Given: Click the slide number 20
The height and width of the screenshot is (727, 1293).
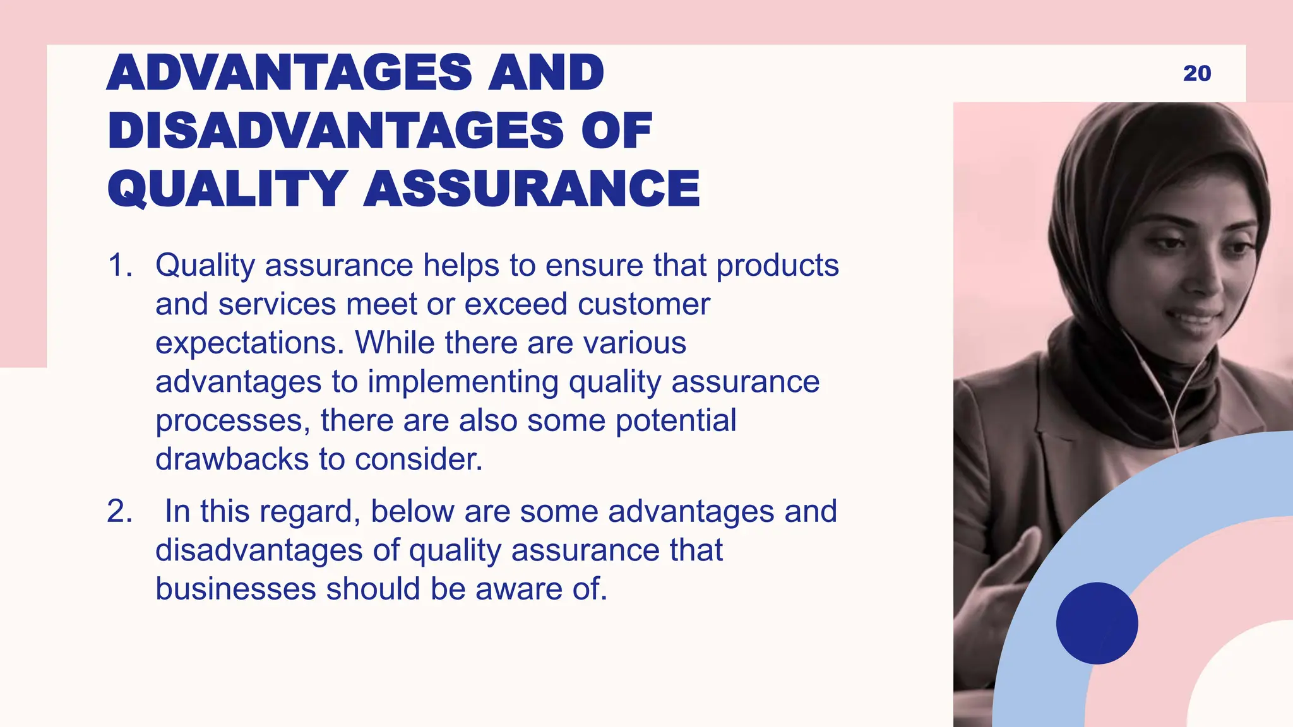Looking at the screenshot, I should [1197, 73].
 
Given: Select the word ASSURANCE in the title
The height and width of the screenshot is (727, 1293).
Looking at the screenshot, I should [532, 189].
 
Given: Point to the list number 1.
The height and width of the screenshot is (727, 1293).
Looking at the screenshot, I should [119, 266].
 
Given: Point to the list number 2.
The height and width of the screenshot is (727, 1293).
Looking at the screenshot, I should [119, 512].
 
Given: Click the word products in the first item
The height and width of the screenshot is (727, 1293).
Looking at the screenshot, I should [777, 266].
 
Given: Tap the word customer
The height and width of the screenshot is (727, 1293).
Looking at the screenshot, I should [643, 304].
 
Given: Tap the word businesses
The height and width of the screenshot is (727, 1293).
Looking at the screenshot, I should [235, 589].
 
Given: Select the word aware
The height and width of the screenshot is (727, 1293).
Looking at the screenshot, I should [518, 589].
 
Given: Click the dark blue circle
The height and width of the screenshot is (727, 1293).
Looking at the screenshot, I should [1097, 623].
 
